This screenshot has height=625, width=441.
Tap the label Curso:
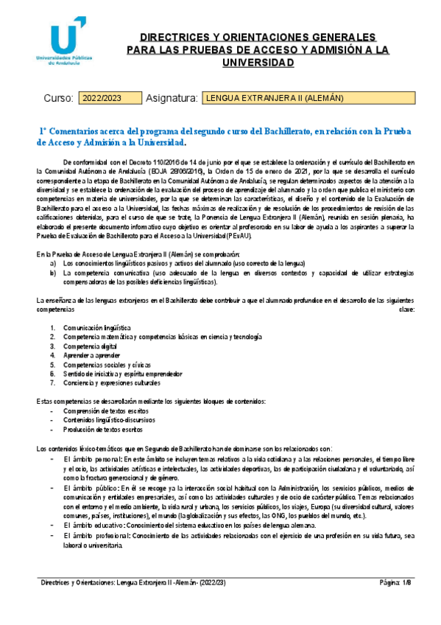[59, 98]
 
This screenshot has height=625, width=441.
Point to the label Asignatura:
[172, 98]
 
